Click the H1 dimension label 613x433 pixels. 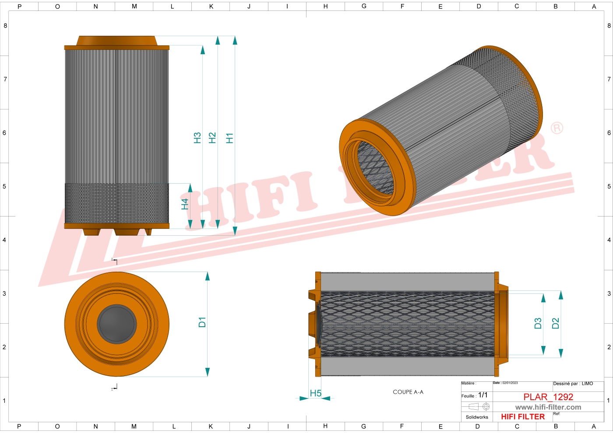click(229, 138)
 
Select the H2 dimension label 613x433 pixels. click(212, 138)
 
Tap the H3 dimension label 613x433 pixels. click(197, 138)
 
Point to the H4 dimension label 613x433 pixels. click(185, 204)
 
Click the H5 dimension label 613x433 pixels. click(315, 393)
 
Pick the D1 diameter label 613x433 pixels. click(202, 322)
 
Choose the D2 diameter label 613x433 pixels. click(555, 324)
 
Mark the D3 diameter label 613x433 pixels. click(538, 324)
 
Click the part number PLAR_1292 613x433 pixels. click(548, 397)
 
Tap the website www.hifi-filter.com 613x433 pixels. click(548, 407)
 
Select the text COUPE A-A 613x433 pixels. click(408, 392)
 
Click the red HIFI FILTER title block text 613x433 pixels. click(523, 417)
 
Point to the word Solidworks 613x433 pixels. click(477, 417)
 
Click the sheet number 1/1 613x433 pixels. click(483, 395)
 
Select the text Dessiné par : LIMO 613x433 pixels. click(573, 384)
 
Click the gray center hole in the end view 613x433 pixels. click(117, 324)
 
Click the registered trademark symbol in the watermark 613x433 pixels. click(557, 128)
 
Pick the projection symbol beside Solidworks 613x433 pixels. click(479, 406)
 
